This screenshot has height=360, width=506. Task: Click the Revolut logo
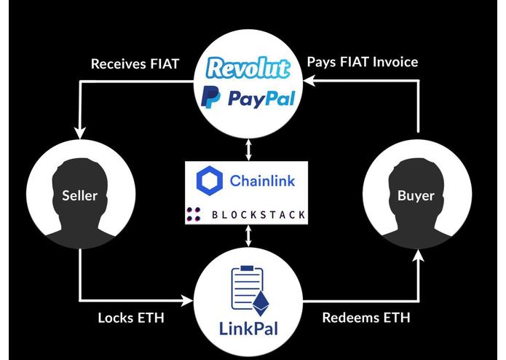click(x=248, y=68)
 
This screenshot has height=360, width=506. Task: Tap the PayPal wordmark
click(x=261, y=99)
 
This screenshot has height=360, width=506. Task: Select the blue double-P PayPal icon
click(x=210, y=98)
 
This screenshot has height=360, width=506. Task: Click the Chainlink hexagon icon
click(x=210, y=181)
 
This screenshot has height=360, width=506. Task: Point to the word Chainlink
click(x=262, y=181)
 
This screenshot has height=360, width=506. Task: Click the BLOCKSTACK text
click(x=258, y=215)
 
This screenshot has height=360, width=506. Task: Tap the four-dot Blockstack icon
click(x=194, y=214)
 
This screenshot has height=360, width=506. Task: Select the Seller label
click(x=79, y=195)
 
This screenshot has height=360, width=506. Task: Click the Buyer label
click(x=416, y=195)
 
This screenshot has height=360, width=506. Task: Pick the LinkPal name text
click(x=248, y=329)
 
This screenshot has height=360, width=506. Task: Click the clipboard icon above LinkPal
click(x=248, y=287)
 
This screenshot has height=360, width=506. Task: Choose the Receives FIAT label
click(x=135, y=64)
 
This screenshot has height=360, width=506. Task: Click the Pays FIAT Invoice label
click(x=363, y=62)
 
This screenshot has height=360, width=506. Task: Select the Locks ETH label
click(x=131, y=318)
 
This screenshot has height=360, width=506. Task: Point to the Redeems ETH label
click(x=366, y=318)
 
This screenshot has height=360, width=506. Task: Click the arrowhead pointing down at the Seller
click(x=80, y=133)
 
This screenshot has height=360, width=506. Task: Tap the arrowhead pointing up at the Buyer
click(x=419, y=255)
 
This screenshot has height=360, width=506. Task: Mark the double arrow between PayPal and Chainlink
click(x=248, y=149)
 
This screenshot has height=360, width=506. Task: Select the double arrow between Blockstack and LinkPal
click(x=248, y=235)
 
